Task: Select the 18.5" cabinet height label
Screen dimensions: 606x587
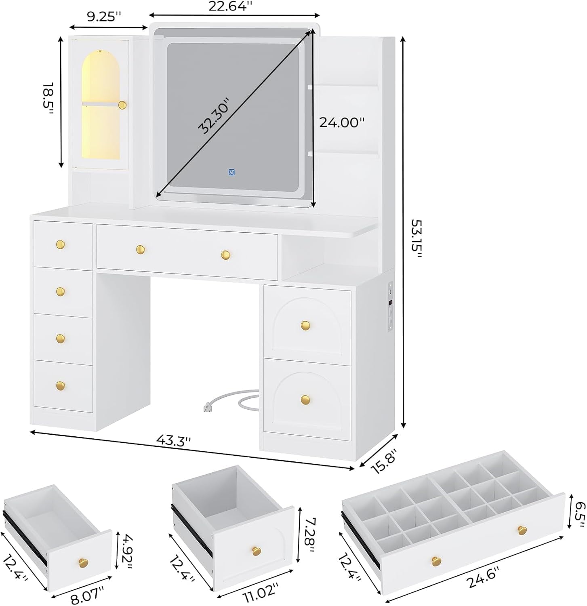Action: coord(48,99)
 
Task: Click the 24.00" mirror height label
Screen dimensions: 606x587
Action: coord(342,122)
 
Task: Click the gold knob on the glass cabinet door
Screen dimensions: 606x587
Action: coord(122,105)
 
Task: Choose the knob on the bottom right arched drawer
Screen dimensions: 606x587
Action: coord(306,400)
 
